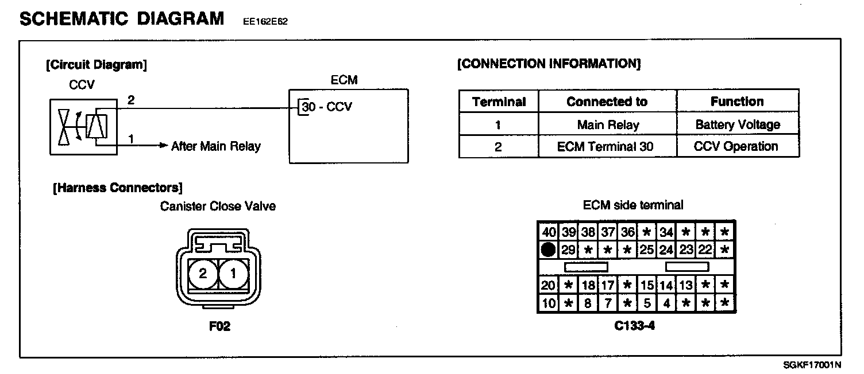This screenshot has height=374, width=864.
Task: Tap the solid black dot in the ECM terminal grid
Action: [549, 250]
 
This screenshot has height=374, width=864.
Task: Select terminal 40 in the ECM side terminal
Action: [549, 232]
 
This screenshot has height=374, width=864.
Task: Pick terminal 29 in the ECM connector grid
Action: [568, 250]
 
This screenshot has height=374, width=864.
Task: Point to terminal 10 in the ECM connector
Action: [549, 303]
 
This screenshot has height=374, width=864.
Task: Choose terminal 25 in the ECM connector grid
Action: [647, 250]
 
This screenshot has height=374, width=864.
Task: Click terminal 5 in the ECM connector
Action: [647, 303]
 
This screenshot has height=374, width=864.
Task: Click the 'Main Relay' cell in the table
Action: [608, 124]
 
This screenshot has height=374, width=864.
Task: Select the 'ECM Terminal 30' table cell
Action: [608, 146]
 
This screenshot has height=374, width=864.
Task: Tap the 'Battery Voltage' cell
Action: [738, 124]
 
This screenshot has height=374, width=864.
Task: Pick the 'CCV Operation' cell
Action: [738, 146]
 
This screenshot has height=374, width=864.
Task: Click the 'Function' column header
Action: [738, 102]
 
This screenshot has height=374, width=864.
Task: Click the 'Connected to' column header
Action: [608, 102]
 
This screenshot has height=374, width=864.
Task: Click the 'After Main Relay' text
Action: [215, 146]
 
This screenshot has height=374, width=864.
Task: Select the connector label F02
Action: [219, 327]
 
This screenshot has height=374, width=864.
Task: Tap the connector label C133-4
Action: [635, 326]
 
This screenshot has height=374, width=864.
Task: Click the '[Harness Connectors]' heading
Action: [117, 188]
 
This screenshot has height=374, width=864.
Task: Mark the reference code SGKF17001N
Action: [812, 365]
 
